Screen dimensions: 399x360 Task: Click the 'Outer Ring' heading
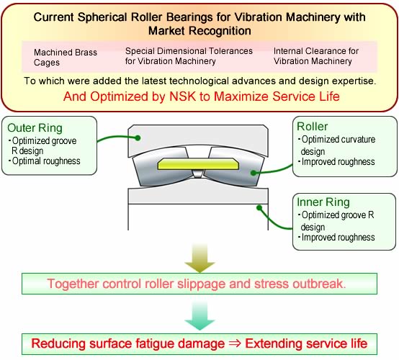pyautogui.click(x=35, y=128)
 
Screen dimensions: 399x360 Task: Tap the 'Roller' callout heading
pyautogui.click(x=313, y=127)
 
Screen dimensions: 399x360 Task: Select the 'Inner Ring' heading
pyautogui.click(x=323, y=202)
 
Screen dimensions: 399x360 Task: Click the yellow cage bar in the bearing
pyautogui.click(x=198, y=164)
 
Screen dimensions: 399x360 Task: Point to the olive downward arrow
pyautogui.click(x=200, y=258)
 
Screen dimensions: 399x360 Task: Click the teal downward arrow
pyautogui.click(x=200, y=315)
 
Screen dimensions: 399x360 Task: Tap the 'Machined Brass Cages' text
pyautogui.click(x=66, y=58)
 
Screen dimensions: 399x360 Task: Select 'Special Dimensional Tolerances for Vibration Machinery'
pyautogui.click(x=189, y=56)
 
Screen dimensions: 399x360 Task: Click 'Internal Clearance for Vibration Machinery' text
pyautogui.click(x=316, y=56)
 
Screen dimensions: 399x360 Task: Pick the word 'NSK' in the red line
pyautogui.click(x=183, y=96)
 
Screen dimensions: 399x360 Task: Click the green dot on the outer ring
pyautogui.click(x=138, y=138)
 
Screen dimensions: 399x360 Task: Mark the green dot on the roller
pyautogui.click(x=254, y=173)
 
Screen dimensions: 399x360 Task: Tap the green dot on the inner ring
pyautogui.click(x=259, y=208)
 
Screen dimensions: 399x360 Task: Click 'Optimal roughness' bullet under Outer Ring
pyautogui.click(x=44, y=161)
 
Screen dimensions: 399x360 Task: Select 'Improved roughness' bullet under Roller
pyautogui.click(x=336, y=162)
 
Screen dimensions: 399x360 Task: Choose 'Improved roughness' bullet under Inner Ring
pyautogui.click(x=336, y=238)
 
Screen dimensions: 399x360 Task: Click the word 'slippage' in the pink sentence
pyautogui.click(x=201, y=284)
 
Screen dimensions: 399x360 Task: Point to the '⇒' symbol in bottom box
pyautogui.click(x=235, y=343)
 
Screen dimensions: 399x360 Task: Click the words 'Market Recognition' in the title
pyautogui.click(x=199, y=31)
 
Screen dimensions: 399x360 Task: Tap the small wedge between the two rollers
pyautogui.click(x=197, y=174)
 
